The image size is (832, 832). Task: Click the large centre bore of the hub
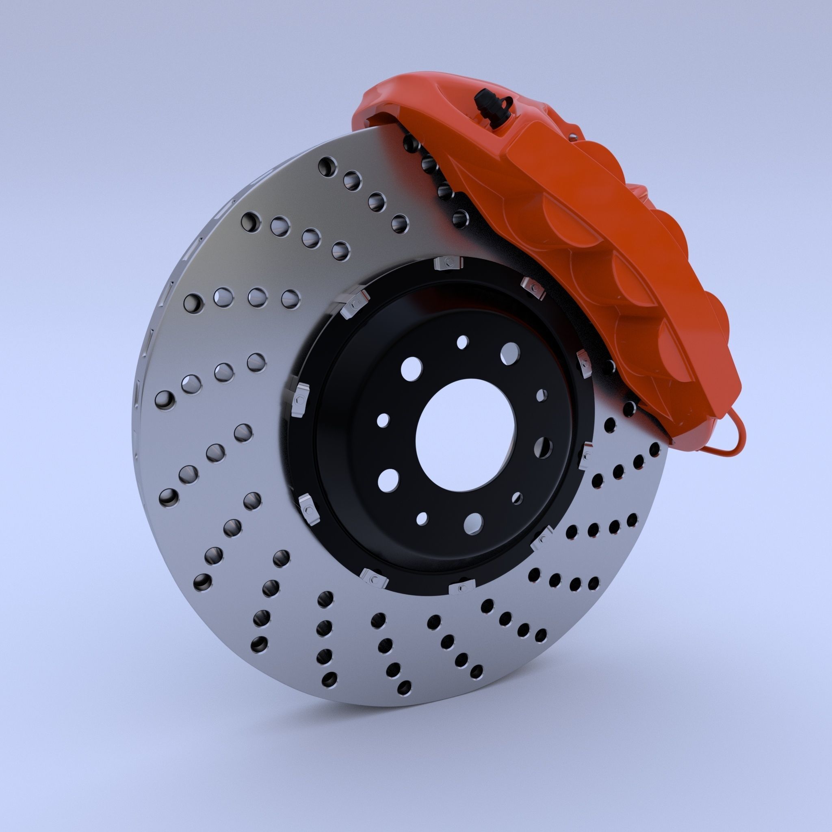[466, 436]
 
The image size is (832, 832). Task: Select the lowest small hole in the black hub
[422, 518]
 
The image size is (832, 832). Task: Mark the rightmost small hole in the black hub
[542, 394]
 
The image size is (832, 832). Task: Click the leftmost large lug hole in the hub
[388, 480]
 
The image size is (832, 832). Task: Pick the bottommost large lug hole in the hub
[474, 522]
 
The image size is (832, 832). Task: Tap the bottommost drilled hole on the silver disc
[404, 687]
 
